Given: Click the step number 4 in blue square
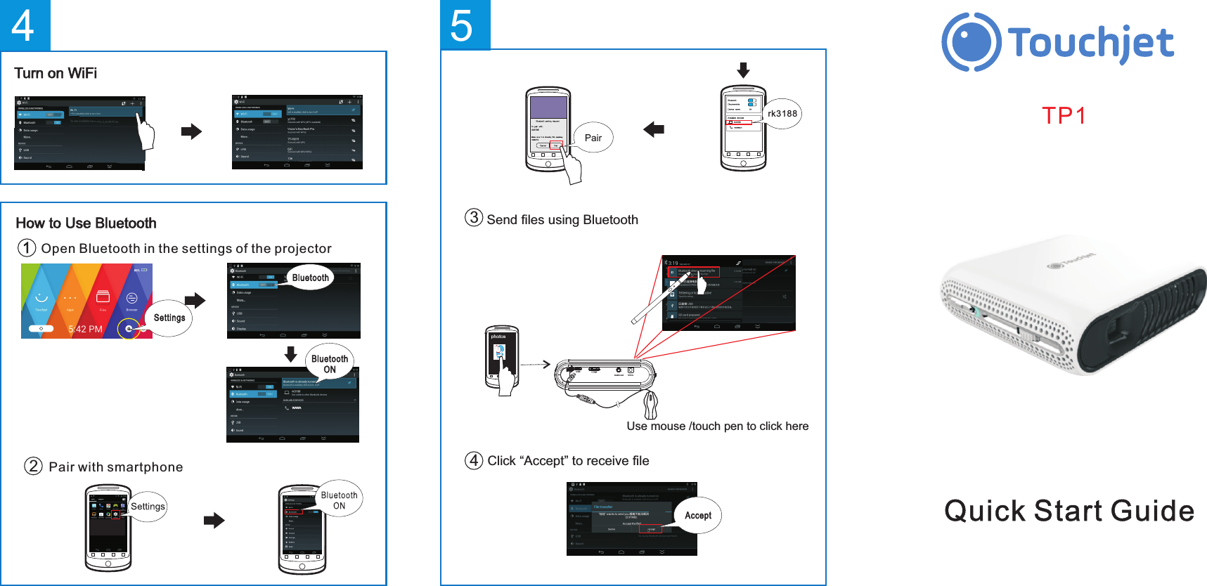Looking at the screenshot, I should [24, 25].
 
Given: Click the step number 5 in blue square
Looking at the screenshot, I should [463, 25].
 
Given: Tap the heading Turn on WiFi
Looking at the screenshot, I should [56, 74].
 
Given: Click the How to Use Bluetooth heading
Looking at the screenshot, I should [86, 223].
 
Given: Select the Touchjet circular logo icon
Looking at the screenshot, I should [971, 42].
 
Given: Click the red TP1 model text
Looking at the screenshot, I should [1064, 115].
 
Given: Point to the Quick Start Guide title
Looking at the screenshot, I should [1069, 511].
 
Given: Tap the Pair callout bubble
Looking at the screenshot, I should [593, 138].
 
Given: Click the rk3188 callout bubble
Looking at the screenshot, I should [782, 114].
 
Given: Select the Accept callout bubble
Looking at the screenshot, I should [697, 515].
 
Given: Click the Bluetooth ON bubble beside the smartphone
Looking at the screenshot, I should [340, 500].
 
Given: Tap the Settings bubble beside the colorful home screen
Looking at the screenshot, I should [169, 318].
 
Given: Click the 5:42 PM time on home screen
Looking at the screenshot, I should [85, 329].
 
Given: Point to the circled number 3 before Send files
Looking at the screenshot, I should [474, 218].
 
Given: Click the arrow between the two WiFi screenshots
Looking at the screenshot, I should [191, 131].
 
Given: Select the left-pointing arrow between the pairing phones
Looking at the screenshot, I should [654, 129].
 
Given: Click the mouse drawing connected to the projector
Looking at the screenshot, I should [651, 405].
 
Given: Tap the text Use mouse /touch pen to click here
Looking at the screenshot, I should [717, 426].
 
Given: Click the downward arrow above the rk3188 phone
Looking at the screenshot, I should [743, 70].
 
